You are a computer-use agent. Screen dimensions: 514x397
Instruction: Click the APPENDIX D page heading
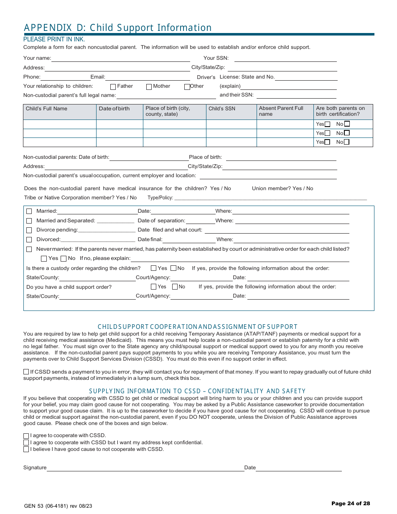pyautogui.click(x=118, y=28)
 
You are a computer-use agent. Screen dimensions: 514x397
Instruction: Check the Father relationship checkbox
pyautogui.click(x=113, y=87)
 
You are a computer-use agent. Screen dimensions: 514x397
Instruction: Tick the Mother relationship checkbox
pyautogui.click(x=149, y=87)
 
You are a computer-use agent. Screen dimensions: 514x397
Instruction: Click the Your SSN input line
pyautogui.click(x=285, y=59)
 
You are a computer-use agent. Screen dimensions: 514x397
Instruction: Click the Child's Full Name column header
pyautogui.click(x=46, y=109)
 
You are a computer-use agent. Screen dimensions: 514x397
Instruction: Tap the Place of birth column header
pyautogui.click(x=168, y=111)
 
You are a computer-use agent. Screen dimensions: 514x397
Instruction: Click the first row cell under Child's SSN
pyautogui.click(x=231, y=125)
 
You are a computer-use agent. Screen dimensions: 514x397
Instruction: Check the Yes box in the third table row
pyautogui.click(x=328, y=142)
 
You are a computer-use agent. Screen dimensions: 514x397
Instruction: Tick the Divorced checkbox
pyautogui.click(x=29, y=240)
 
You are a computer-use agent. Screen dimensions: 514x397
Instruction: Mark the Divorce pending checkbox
pyautogui.click(x=29, y=230)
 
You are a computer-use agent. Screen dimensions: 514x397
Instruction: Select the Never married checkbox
pyautogui.click(x=29, y=249)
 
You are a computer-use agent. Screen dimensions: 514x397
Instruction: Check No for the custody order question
pyautogui.click(x=173, y=268)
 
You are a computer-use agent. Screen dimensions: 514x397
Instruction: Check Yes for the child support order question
pyautogui.click(x=154, y=287)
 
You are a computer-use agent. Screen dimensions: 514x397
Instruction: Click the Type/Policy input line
pyautogui.click(x=270, y=198)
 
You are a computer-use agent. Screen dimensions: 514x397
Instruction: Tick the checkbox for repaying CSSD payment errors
pyautogui.click(x=26, y=372)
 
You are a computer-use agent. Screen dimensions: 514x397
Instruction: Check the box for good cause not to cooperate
pyautogui.click(x=26, y=450)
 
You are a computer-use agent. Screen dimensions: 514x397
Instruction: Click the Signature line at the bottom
pyautogui.click(x=145, y=468)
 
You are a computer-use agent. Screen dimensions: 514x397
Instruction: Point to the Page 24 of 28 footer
pyautogui.click(x=351, y=504)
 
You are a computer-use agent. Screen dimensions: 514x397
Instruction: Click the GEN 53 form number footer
pyautogui.click(x=58, y=506)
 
